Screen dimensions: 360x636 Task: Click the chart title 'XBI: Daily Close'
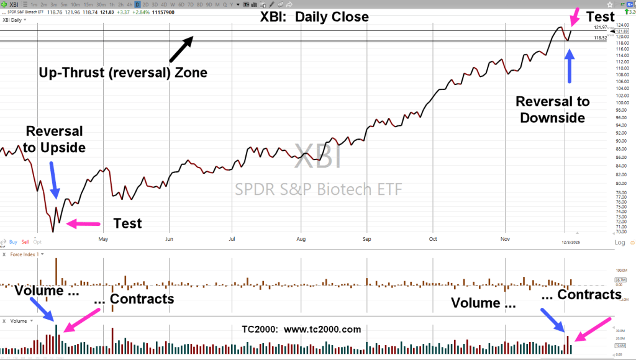point(314,17)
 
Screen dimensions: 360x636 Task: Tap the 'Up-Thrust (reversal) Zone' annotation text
point(122,73)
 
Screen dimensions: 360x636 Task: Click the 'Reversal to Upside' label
point(54,139)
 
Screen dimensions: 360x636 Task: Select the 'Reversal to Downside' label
point(553,109)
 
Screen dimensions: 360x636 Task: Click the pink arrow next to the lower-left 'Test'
point(83,223)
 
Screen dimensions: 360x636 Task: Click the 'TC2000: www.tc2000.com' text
point(301,330)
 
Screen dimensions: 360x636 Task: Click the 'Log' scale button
point(620,242)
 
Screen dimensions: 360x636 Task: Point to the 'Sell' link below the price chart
point(25,242)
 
